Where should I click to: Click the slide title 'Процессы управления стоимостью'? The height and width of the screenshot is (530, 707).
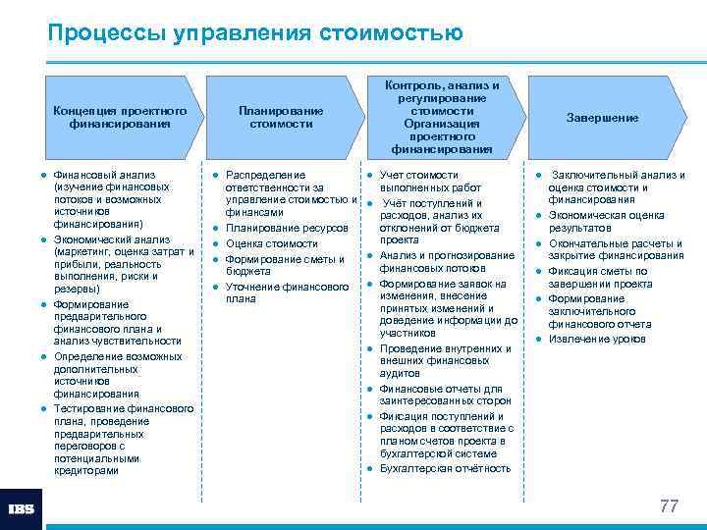255,33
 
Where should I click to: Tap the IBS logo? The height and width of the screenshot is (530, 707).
22,508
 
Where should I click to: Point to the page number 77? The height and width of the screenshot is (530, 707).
669,506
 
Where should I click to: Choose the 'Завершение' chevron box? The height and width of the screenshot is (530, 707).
602,118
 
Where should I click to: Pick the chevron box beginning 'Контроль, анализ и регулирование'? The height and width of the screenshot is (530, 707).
441,118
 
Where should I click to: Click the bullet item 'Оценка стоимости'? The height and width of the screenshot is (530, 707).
272,243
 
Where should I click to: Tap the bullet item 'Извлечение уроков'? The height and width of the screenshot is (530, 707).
597,340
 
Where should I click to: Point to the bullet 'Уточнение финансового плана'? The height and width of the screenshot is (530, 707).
287,292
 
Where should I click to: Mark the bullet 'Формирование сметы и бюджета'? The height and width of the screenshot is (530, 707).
285,265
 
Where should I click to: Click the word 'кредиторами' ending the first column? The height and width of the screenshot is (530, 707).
86,470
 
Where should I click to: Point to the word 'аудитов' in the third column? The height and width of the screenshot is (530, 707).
400,374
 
